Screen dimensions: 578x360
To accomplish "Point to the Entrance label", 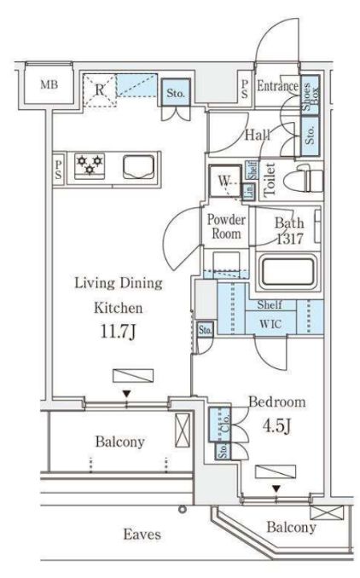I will pyautogui.click(x=277, y=86).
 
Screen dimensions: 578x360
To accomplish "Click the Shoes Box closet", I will pyautogui.click(x=310, y=90).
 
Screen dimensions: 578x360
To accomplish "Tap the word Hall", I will pyautogui.click(x=259, y=135).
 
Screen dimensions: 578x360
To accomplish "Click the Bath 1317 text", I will pyautogui.click(x=288, y=231).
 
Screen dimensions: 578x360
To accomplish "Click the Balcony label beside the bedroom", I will pyautogui.click(x=291, y=528).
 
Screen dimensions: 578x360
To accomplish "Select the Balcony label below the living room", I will pyautogui.click(x=119, y=442).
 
